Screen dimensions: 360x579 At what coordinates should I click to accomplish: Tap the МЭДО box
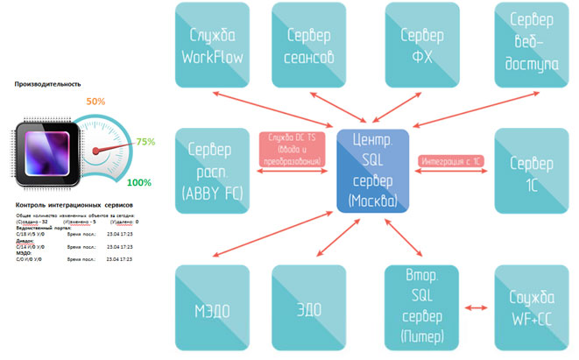click(x=210, y=308)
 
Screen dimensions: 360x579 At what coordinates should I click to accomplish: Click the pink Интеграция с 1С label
click(x=449, y=162)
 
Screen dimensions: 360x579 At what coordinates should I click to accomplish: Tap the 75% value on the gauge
click(x=145, y=141)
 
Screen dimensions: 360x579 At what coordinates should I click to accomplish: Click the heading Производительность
click(x=47, y=85)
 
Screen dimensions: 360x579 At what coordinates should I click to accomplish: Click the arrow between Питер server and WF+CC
click(x=474, y=308)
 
